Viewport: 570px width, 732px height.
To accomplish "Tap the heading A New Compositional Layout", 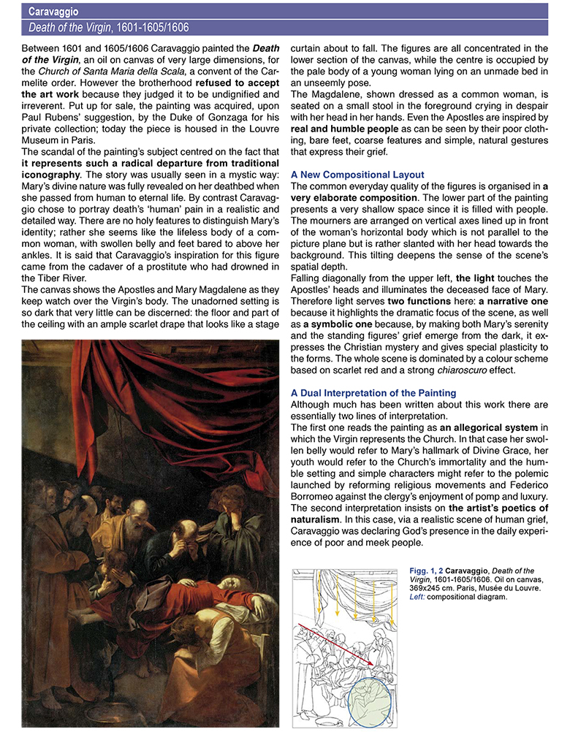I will coord(357,175).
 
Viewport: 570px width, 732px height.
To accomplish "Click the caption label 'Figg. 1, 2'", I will coord(424,571).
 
